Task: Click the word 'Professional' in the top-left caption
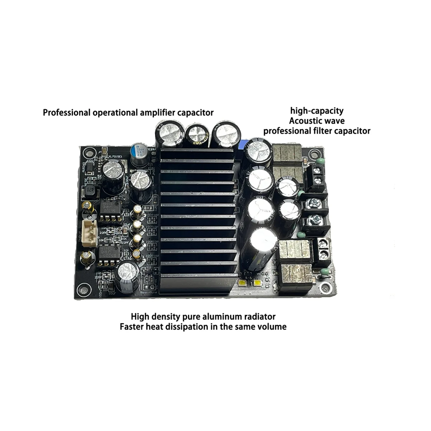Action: tap(66, 112)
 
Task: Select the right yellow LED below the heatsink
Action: tap(258, 284)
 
